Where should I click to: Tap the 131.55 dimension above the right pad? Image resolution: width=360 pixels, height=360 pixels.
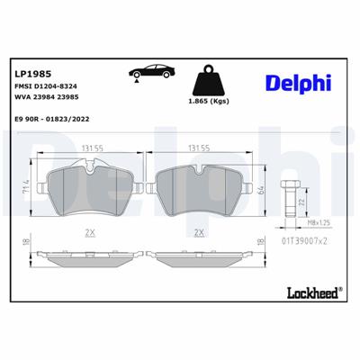coord(198,150)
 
